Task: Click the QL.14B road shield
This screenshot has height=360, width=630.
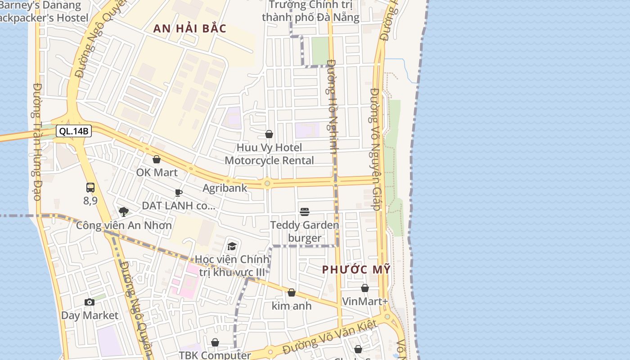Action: point(74,131)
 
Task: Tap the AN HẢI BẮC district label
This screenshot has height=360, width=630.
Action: point(189,28)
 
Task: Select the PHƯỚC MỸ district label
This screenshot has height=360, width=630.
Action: point(356,270)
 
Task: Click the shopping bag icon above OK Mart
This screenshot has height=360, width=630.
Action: point(157,159)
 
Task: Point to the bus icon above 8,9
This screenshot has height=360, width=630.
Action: point(90,188)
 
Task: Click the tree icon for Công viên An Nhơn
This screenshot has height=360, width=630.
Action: point(124,212)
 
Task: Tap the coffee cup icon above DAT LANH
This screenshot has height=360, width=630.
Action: point(179,193)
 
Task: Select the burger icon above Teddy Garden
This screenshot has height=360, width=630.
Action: point(305,211)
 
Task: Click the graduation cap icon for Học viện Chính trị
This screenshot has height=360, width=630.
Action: point(232,246)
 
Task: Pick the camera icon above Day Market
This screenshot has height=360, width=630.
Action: point(90,302)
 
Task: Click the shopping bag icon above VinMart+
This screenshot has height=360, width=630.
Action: point(365,288)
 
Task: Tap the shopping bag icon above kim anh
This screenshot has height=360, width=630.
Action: point(292,292)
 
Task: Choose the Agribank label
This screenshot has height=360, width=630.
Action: point(225,188)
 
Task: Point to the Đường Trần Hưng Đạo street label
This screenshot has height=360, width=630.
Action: point(37,142)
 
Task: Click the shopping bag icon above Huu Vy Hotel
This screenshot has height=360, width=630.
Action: point(269,134)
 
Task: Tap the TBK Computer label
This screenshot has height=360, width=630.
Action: point(215,355)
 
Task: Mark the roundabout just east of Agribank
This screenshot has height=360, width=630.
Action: point(267,183)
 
